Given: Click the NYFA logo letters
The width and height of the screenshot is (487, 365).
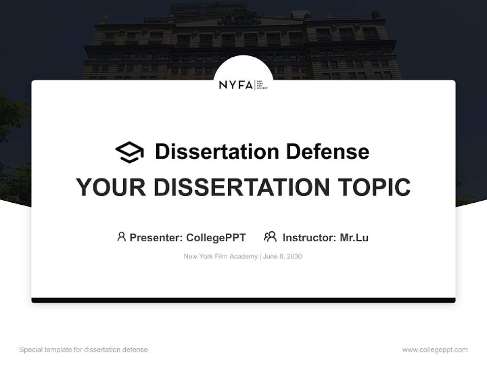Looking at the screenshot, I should click(235, 85).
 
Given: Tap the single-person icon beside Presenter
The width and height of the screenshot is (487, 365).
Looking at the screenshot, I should click(121, 237).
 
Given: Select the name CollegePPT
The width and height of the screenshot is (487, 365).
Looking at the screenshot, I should click(216, 237).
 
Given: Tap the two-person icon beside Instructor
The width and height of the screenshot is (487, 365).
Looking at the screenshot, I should click(270, 237).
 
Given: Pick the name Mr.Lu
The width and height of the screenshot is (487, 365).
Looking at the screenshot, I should click(354, 237).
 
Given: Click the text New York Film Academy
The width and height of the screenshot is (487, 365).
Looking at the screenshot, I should click(221, 257).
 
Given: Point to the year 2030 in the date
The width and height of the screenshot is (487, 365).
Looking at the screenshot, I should click(294, 257).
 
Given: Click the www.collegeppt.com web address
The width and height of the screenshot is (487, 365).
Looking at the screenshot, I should click(435, 350).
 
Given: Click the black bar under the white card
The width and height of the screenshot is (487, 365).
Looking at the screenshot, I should click(243, 300).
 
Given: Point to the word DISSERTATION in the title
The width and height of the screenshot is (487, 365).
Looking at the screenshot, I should click(241, 187).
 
